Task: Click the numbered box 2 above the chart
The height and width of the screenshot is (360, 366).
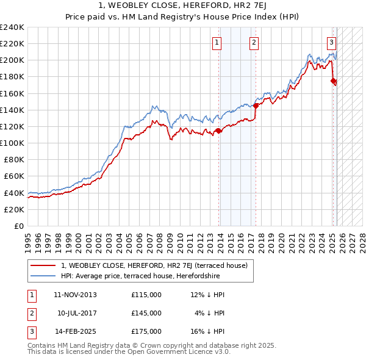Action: click(253, 42)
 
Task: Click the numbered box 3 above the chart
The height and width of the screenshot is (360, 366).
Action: click(331, 42)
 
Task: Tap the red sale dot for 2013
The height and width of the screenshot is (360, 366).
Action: click(219, 131)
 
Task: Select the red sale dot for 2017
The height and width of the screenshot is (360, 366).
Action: click(256, 106)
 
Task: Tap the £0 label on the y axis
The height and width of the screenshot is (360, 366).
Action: click(18, 226)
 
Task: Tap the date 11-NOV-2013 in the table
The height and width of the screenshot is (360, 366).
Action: click(76, 295)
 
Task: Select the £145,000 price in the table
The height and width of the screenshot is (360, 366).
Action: click(146, 313)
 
